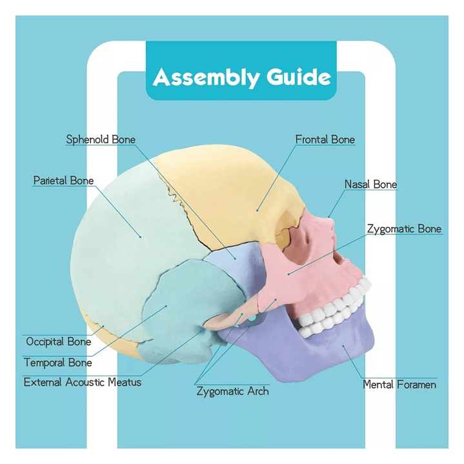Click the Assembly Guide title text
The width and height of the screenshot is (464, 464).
[242, 77]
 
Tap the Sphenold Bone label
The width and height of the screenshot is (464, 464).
[101, 139]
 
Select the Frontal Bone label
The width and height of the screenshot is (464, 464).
[325, 139]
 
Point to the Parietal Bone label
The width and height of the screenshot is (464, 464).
[63, 181]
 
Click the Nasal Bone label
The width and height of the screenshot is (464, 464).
[370, 185]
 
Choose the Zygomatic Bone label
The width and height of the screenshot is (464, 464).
[404, 229]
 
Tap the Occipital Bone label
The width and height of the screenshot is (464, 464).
[58, 341]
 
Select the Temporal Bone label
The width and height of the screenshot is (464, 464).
[58, 362]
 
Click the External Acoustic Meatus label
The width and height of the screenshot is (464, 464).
[82, 382]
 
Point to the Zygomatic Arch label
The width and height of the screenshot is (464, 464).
[232, 391]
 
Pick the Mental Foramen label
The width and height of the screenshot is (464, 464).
[399, 385]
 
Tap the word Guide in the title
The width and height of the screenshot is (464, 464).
[298, 77]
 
